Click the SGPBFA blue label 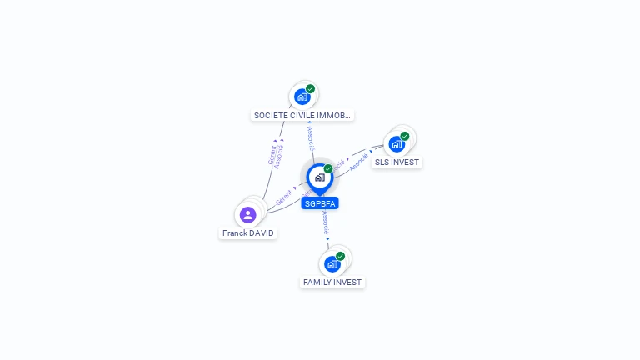click(x=320, y=203)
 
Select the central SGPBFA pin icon click(x=319, y=177)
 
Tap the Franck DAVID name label click(x=248, y=233)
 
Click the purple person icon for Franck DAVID click(x=247, y=215)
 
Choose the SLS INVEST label click(x=397, y=162)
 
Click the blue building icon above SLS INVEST click(x=397, y=144)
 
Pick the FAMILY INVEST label click(x=332, y=282)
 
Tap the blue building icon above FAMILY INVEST click(x=332, y=264)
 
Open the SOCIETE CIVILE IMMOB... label click(x=302, y=115)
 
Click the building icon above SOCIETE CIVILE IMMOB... click(x=302, y=97)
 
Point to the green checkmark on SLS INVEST click(x=405, y=136)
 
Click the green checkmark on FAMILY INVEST click(x=341, y=256)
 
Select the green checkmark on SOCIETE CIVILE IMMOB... click(x=310, y=88)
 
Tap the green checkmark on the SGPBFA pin click(x=328, y=168)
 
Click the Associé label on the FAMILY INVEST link click(x=325, y=222)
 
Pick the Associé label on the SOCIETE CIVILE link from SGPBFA click(x=311, y=138)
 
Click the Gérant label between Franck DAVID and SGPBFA click(x=283, y=197)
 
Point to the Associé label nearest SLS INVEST click(x=359, y=162)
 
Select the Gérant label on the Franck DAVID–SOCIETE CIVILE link click(x=272, y=155)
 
